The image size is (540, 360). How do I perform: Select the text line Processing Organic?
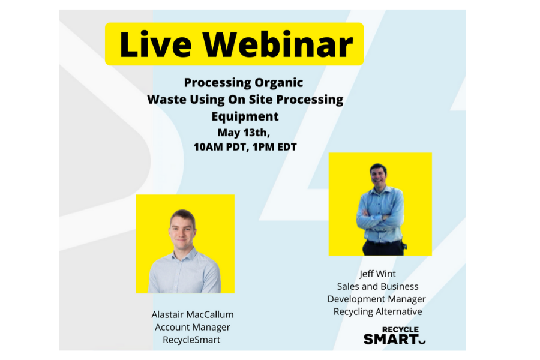pyautogui.click(x=244, y=83)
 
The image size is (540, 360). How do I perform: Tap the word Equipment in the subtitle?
pyautogui.click(x=245, y=116)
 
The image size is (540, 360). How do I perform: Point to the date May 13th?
pyautogui.click(x=244, y=132)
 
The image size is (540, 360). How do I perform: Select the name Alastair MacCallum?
pyautogui.click(x=192, y=314)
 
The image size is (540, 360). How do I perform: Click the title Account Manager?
pyautogui.click(x=192, y=327)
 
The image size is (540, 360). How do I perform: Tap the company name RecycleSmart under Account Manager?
pyautogui.click(x=192, y=340)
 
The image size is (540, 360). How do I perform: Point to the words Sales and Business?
pyautogui.click(x=377, y=287)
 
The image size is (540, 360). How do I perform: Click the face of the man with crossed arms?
pyautogui.click(x=378, y=175)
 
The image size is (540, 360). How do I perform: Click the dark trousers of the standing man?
pyautogui.click(x=382, y=247)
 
